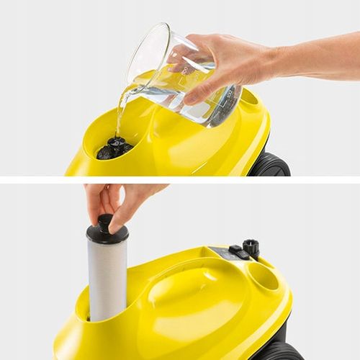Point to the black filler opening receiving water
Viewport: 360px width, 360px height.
(x=114, y=148)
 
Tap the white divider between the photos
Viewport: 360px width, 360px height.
(x=180, y=179)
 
